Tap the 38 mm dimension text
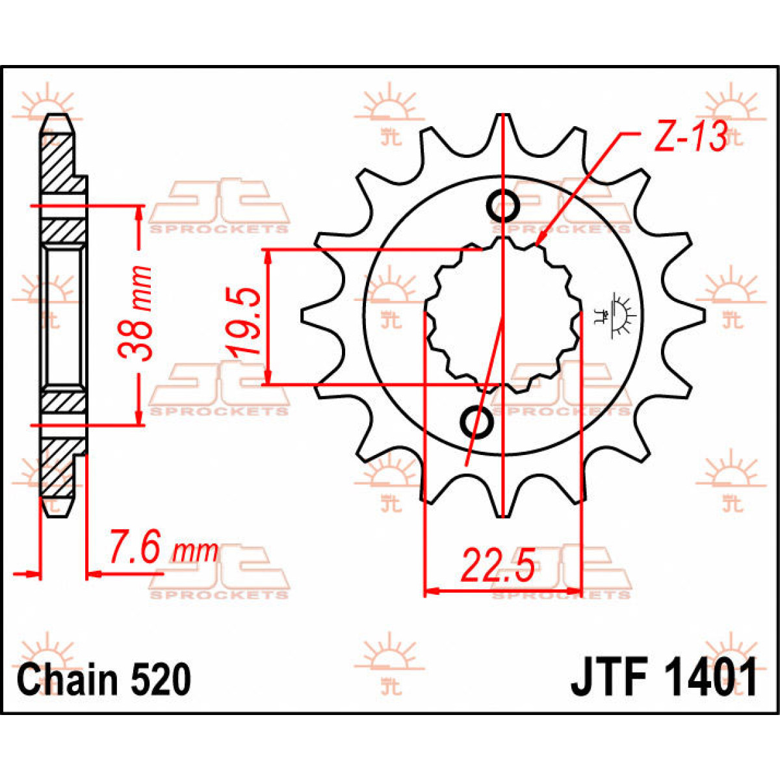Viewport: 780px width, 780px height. coord(136,313)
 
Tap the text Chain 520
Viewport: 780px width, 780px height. coord(104,680)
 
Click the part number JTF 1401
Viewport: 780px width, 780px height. coord(664,679)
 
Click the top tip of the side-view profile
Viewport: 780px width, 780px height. coord(57,118)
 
